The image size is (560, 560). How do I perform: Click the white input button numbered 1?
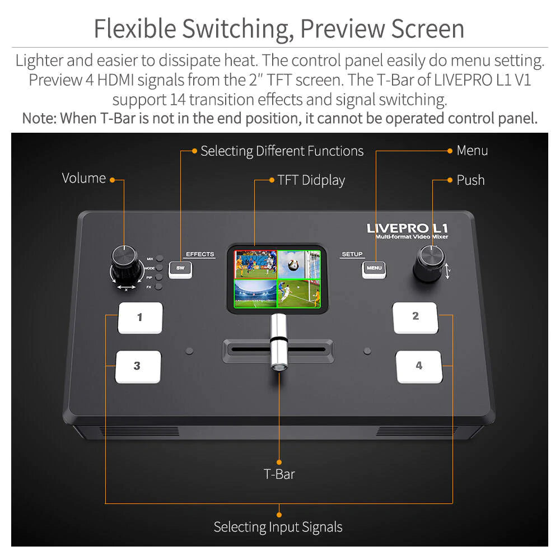[x=140, y=318]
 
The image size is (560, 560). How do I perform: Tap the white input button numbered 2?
[x=415, y=316]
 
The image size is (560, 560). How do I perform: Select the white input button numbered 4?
[x=419, y=366]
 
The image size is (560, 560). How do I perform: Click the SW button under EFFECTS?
[x=180, y=268]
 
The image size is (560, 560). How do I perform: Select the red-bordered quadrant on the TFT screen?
[x=256, y=264]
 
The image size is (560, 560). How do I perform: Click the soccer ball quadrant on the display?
[x=298, y=263]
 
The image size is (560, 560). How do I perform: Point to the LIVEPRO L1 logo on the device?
[x=407, y=228]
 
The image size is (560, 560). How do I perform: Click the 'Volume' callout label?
[x=84, y=178]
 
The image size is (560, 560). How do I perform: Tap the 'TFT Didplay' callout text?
[x=311, y=180]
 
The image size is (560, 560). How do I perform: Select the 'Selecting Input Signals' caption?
[x=278, y=527]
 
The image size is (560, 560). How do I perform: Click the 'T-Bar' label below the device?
[x=279, y=474]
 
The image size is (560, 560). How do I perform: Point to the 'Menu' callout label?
[x=472, y=150]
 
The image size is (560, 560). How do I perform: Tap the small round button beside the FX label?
[x=160, y=287]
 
